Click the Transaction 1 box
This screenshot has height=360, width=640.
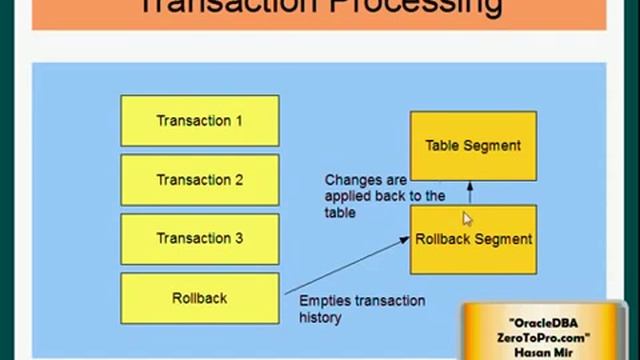pyautogui.click(x=199, y=121)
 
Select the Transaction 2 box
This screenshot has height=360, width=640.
pyautogui.click(x=199, y=180)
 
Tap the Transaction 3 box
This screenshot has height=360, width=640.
pyautogui.click(x=199, y=239)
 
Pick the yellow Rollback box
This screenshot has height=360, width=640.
pyautogui.click(x=199, y=298)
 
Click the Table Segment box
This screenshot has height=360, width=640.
pyautogui.click(x=473, y=145)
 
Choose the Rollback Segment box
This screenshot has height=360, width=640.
pyautogui.click(x=473, y=240)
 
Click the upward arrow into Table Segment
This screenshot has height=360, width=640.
pyautogui.click(x=470, y=192)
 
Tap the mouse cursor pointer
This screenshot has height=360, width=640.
pyautogui.click(x=466, y=218)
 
